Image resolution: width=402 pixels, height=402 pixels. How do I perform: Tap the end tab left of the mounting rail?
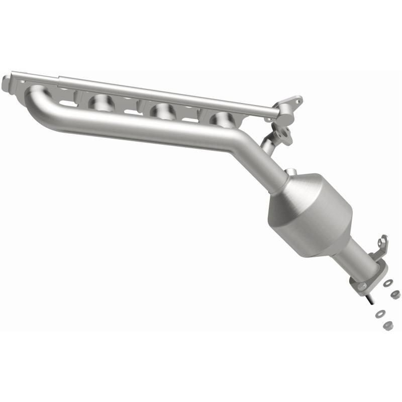click(x=6, y=83)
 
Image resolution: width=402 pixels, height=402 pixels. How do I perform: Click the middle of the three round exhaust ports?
click(x=160, y=111)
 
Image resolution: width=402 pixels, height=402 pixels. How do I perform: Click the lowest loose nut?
click(x=387, y=326)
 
